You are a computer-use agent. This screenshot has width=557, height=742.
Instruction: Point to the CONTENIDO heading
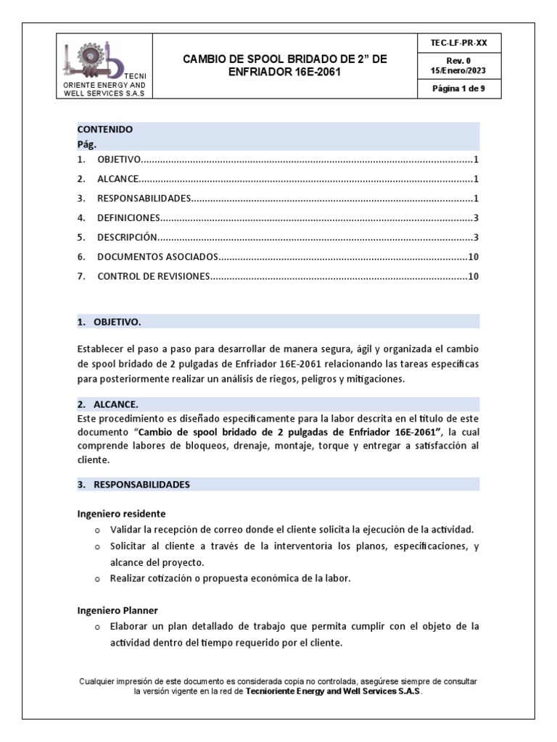(x=105, y=130)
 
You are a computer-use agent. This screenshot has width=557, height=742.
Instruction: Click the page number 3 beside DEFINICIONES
(x=476, y=217)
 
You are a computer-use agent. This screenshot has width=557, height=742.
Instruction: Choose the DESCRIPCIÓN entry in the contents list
(x=127, y=237)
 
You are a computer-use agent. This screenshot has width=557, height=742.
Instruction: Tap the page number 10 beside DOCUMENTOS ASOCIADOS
(x=473, y=257)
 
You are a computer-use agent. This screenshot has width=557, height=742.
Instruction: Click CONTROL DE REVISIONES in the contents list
(x=153, y=276)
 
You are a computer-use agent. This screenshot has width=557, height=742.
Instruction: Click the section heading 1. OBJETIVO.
(x=110, y=321)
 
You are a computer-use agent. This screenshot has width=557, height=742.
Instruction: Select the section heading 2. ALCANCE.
(x=107, y=404)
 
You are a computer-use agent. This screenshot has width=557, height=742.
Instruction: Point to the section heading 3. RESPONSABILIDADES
(x=133, y=483)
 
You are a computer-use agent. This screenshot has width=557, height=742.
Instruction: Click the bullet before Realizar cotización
(x=98, y=579)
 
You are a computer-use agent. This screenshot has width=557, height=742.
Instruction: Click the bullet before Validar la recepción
(x=98, y=530)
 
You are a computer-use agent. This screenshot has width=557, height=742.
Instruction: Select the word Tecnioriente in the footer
(x=273, y=691)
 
